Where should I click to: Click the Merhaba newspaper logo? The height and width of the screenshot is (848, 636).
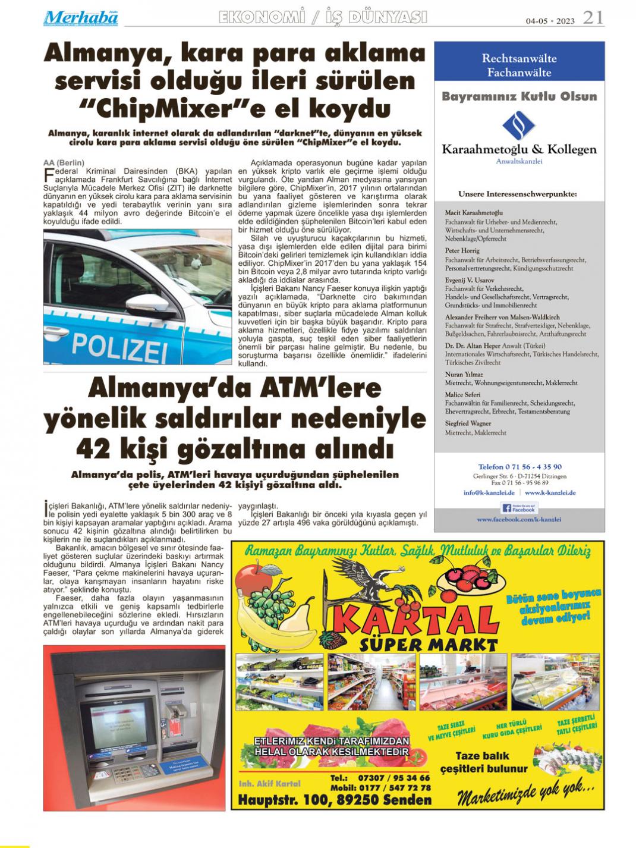coord(80,18)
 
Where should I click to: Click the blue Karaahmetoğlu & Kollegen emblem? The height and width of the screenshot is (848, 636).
coord(519,125)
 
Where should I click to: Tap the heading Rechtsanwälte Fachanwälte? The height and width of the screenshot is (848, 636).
coord(519,65)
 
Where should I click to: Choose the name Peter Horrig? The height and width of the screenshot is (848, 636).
coord(462,251)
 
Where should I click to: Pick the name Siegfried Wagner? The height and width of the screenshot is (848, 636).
coord(468,423)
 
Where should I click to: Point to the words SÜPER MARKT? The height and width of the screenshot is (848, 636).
coord(428,645)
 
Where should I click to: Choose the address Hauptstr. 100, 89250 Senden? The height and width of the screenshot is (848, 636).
coord(335,800)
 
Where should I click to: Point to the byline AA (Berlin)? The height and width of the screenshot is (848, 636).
coord(64,163)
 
